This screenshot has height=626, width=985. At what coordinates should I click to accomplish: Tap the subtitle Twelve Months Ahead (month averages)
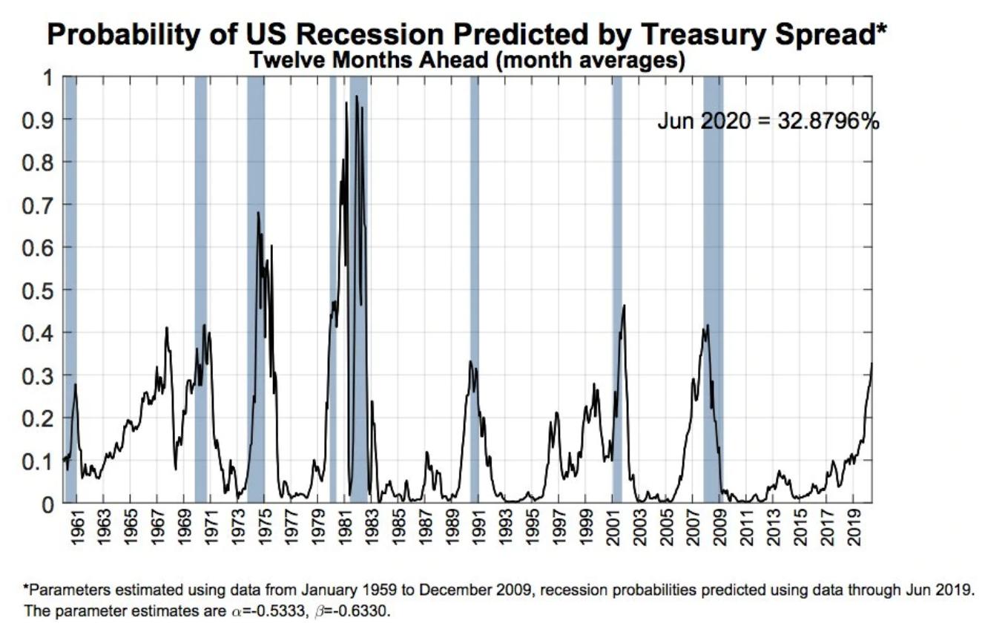pos(467,61)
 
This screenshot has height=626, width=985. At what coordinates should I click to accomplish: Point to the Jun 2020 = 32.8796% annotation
pos(768,122)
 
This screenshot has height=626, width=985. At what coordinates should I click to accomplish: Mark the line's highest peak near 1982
pos(357,96)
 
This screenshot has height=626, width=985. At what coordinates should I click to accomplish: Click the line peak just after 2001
pos(624,306)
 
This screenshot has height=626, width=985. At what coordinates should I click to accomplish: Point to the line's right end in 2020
pos(872,363)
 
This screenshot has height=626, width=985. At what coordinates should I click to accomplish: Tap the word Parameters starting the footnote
pos(64,591)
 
